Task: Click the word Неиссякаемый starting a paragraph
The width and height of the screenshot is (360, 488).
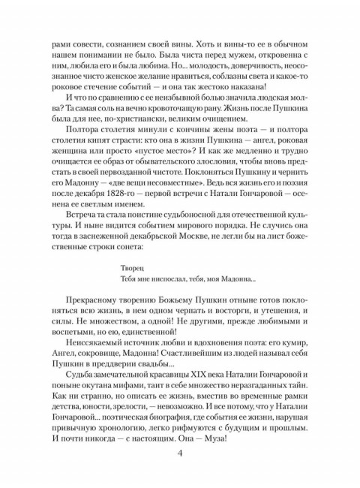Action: (x=92, y=339)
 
